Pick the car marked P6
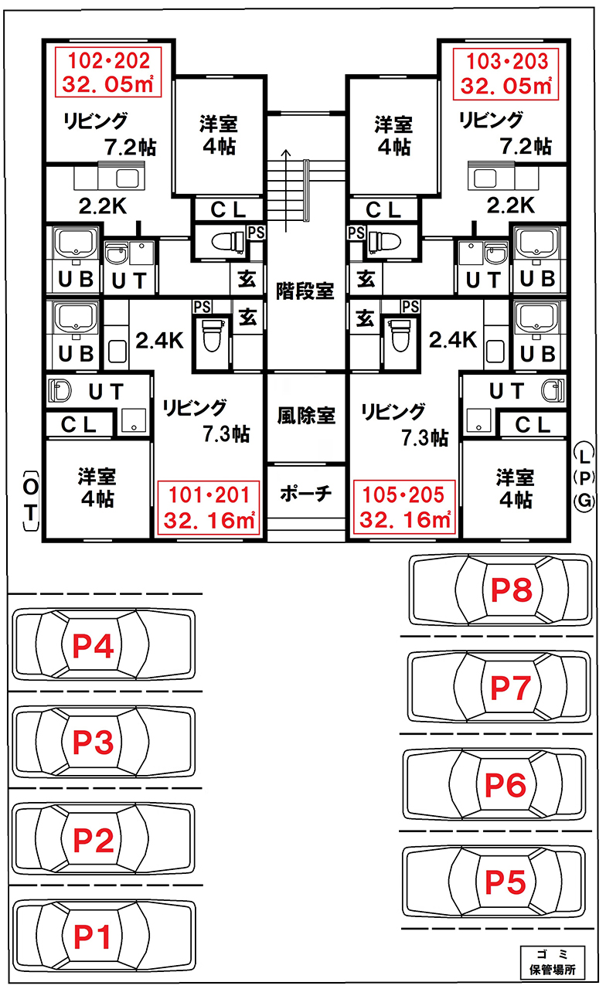click(495, 785)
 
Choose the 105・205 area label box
click(403, 508)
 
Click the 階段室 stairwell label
click(305, 291)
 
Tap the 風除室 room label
click(305, 415)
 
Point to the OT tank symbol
click(29, 500)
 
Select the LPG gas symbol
click(584, 476)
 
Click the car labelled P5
click(495, 882)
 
